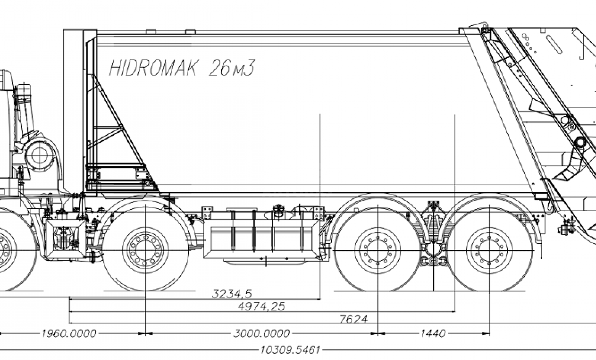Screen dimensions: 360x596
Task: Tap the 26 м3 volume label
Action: click(x=231, y=68)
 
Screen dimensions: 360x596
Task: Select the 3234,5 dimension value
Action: click(x=236, y=294)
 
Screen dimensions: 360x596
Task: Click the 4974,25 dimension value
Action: click(x=262, y=306)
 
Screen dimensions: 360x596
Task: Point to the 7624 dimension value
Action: click(x=354, y=319)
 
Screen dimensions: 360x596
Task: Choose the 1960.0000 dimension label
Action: click(x=68, y=334)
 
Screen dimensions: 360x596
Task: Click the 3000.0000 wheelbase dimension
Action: click(x=262, y=334)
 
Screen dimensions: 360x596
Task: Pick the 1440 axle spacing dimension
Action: click(x=433, y=334)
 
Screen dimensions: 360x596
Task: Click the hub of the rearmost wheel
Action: click(x=489, y=250)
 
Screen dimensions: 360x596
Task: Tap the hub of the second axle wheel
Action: click(x=145, y=250)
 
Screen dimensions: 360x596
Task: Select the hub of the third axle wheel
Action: click(x=378, y=250)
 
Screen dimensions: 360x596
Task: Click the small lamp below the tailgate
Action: click(x=565, y=229)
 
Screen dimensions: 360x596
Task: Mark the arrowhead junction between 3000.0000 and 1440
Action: click(x=378, y=334)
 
